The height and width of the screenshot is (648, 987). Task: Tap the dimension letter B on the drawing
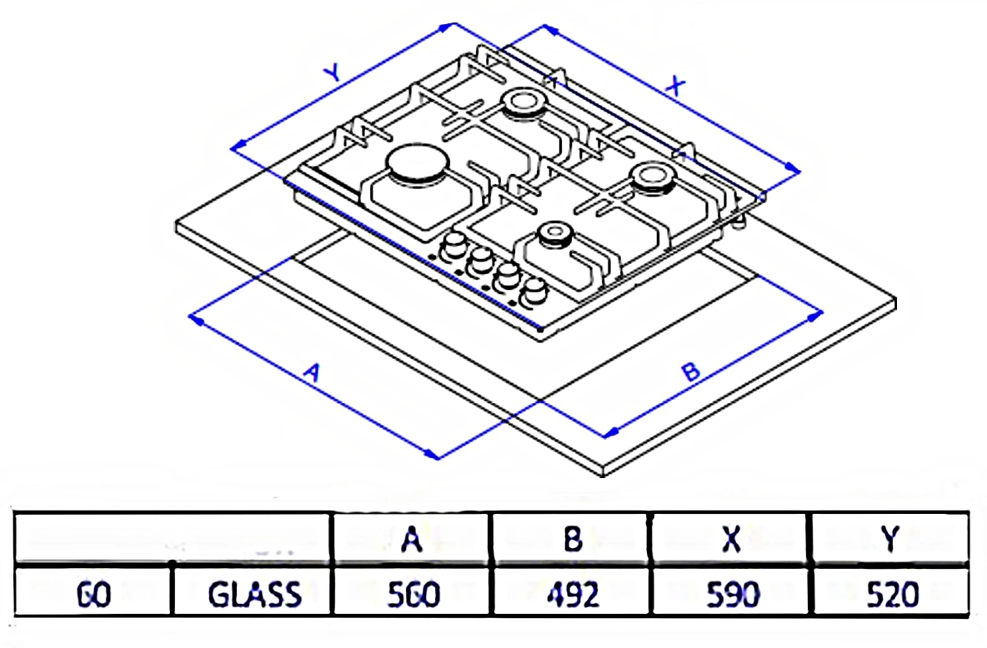click(690, 372)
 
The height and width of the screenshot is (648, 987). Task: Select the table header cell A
click(410, 540)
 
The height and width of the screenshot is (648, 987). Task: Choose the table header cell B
click(571, 540)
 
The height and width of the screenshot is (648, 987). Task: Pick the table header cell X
click(731, 540)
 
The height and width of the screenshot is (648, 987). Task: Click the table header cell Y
click(890, 540)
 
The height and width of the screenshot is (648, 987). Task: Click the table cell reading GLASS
click(254, 595)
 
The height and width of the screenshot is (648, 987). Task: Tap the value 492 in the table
click(572, 595)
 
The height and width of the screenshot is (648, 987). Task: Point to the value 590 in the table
click(732, 595)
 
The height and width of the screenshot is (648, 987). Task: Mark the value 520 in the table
click(891, 595)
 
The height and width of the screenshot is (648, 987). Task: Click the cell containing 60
click(93, 595)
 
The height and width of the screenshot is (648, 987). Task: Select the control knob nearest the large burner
click(454, 245)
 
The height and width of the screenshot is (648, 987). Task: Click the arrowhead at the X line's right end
click(795, 170)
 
